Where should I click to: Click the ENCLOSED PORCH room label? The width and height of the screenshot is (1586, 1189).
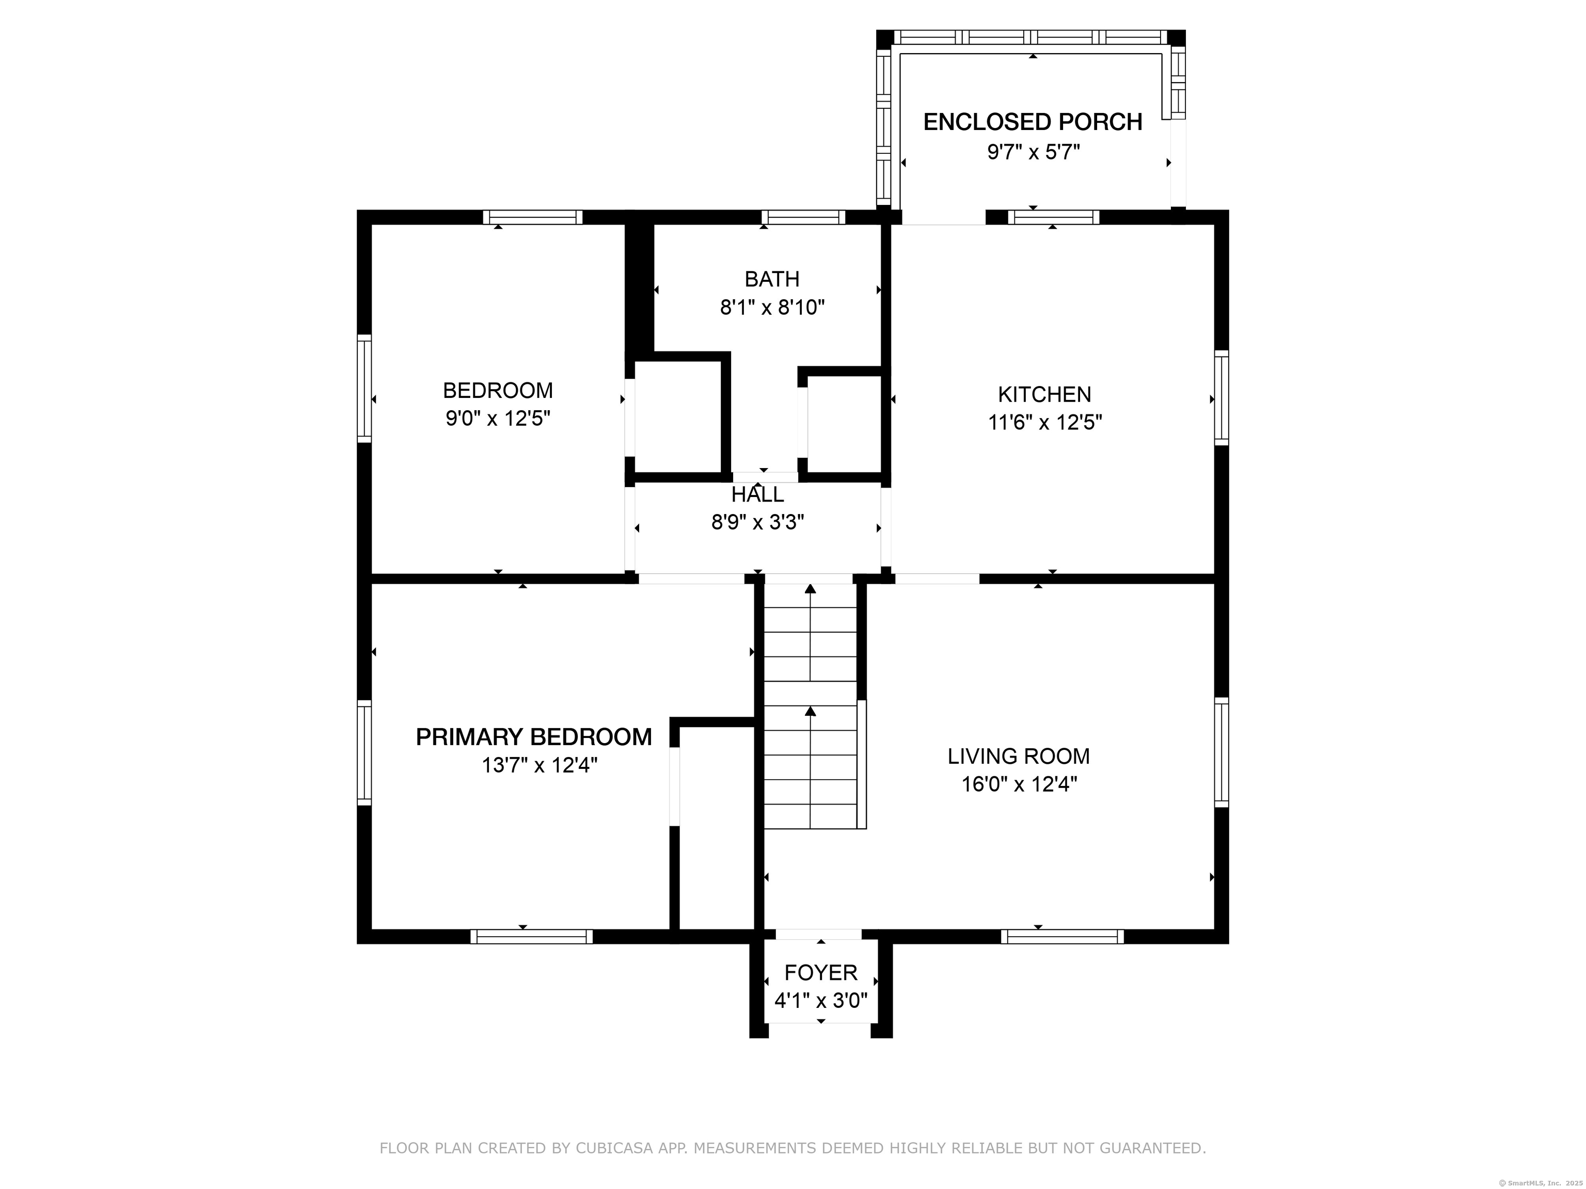click(1033, 122)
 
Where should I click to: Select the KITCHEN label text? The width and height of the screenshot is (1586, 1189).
click(1044, 394)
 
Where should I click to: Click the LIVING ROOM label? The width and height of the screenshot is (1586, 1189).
click(1019, 756)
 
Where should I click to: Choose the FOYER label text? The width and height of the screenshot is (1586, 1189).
click(821, 973)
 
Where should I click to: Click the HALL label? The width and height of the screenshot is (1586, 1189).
click(758, 494)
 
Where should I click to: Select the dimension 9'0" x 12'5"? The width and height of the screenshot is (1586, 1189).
click(498, 419)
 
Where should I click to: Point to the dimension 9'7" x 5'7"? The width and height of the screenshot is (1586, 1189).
click(1033, 152)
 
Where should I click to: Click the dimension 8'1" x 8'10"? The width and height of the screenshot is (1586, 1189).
click(772, 308)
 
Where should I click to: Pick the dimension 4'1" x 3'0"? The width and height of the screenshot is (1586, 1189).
click(821, 1001)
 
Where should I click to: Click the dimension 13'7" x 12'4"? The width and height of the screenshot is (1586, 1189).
click(539, 765)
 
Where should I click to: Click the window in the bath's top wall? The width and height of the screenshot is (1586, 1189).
click(803, 217)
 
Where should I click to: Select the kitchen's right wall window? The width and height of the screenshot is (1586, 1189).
click(1221, 398)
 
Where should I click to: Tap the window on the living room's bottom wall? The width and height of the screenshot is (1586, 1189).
click(1062, 936)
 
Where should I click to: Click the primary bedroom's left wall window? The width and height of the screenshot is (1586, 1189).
click(364, 752)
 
